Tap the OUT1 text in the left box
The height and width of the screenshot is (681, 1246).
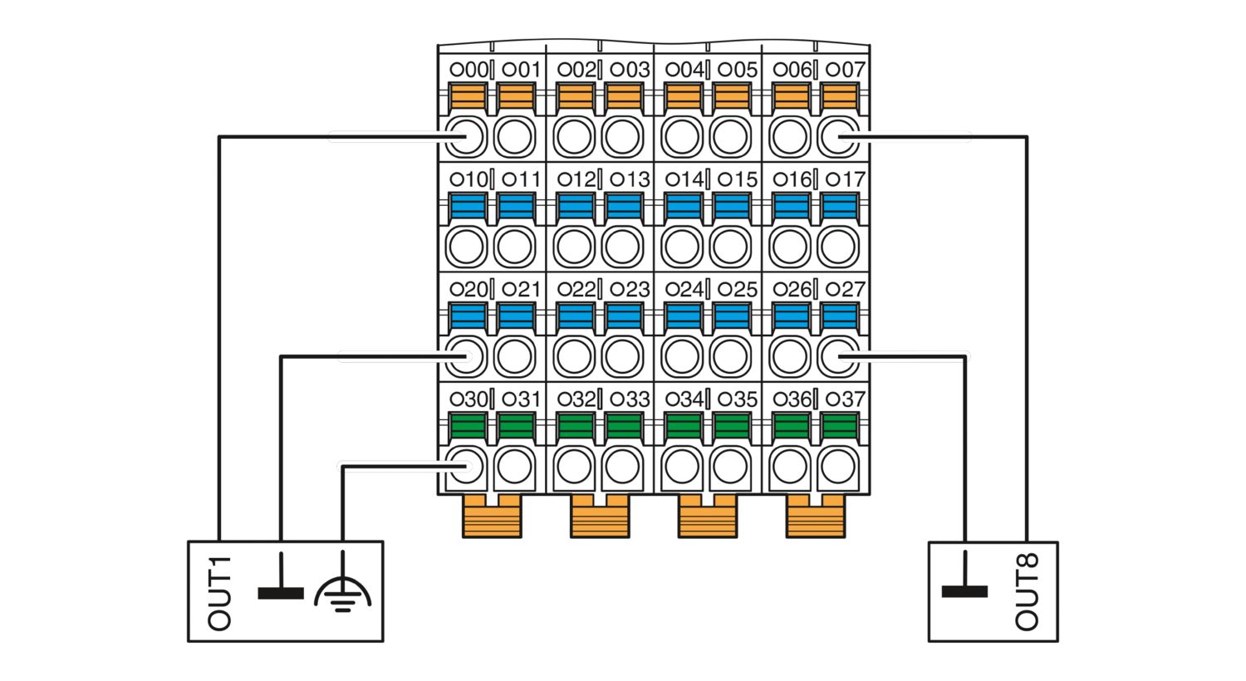click(x=218, y=594)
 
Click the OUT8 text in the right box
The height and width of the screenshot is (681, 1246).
click(x=1026, y=591)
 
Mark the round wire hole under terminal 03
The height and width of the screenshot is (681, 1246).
click(x=622, y=137)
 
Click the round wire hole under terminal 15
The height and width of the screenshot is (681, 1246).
click(x=730, y=247)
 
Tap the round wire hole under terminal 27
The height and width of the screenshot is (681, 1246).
click(x=837, y=355)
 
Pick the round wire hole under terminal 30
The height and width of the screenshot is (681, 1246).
click(x=466, y=466)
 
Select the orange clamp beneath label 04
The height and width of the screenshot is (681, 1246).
click(x=683, y=96)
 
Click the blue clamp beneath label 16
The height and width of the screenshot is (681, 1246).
click(x=791, y=206)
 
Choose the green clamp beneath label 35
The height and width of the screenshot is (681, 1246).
click(x=732, y=426)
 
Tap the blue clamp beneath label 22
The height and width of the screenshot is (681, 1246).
click(x=575, y=316)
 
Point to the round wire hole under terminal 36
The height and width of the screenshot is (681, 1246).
click(x=790, y=466)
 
